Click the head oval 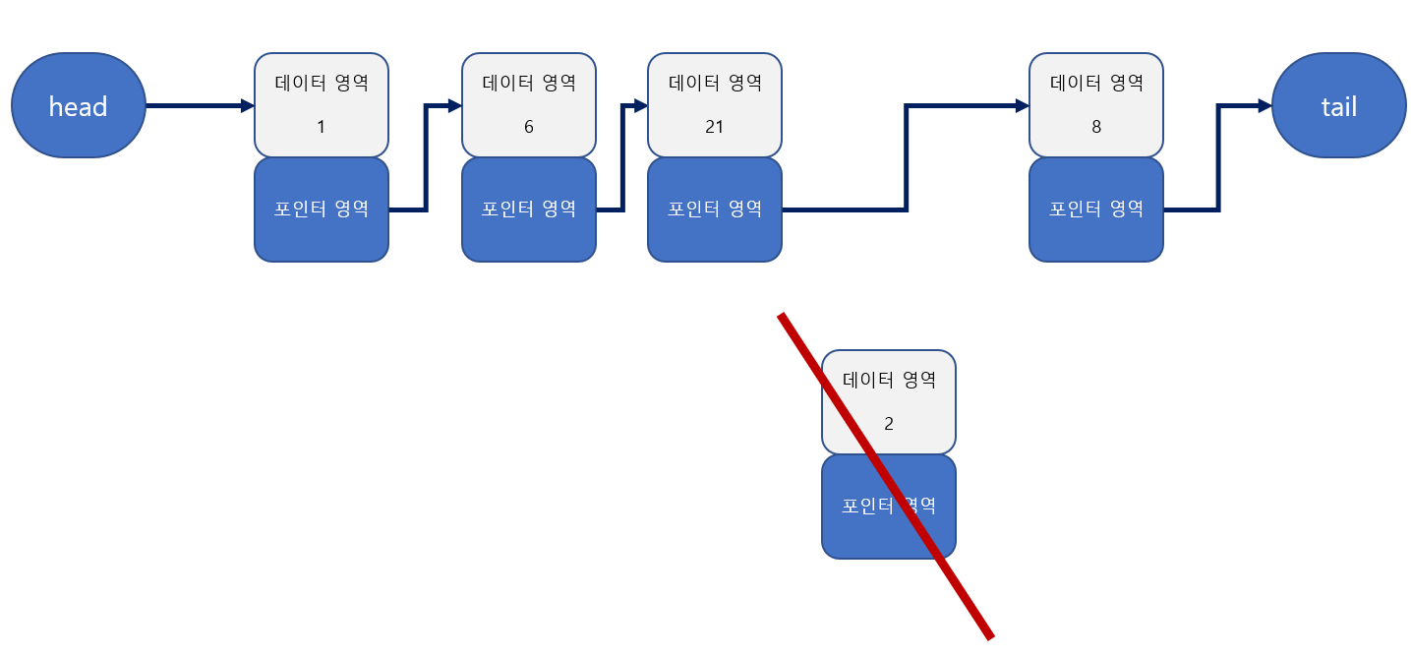pos(78,105)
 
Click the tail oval pos(1338,105)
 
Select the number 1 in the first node pos(321,127)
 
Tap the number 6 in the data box pos(529,127)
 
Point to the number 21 pos(715,127)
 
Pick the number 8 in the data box pos(1096,127)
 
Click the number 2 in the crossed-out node pos(889,424)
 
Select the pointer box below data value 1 pos(321,209)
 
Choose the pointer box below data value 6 pos(529,209)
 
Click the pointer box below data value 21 pos(715,209)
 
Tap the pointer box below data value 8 pos(1096,209)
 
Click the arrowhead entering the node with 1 pos(248,105)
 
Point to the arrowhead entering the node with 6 pos(455,105)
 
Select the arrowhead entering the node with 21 pos(641,105)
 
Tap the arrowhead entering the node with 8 pos(1023,105)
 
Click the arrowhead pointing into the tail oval pos(1264,105)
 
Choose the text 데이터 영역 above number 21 pos(715,83)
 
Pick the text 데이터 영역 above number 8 pos(1096,83)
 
